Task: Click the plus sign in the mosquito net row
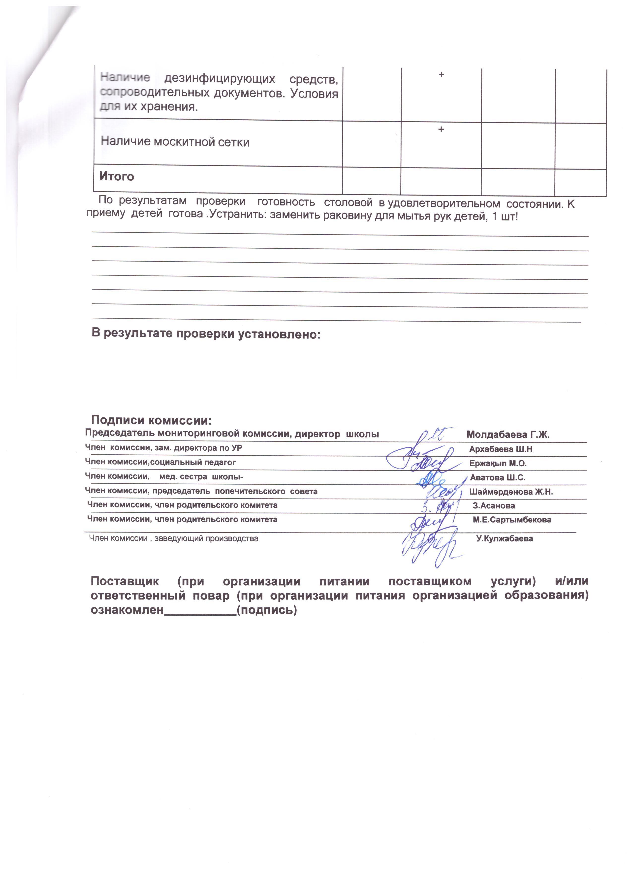point(441,130)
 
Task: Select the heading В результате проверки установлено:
point(206,333)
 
